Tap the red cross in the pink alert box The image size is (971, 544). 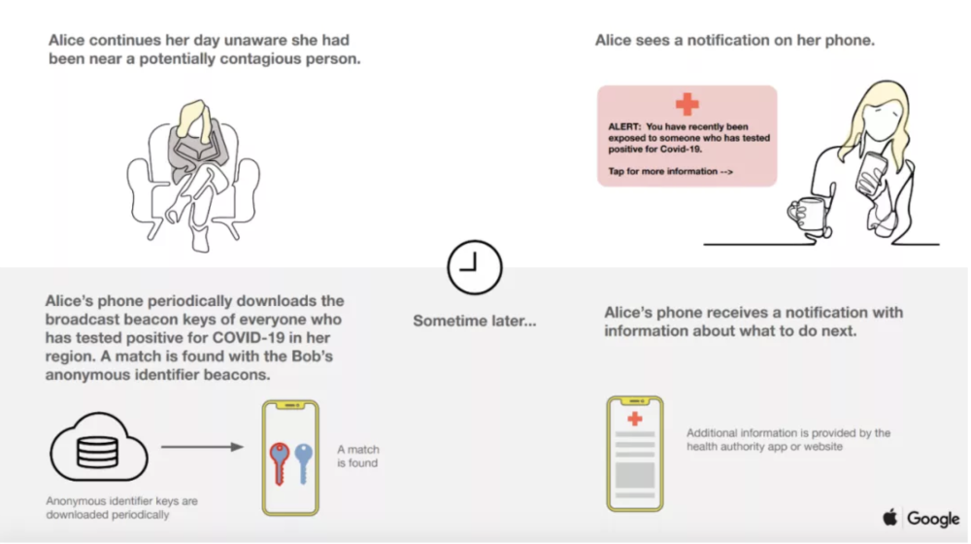point(686,104)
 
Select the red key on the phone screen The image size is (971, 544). point(280,462)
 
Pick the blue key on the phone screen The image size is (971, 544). point(303,462)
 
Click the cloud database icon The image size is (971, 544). point(99,448)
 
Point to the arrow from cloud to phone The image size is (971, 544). point(202,447)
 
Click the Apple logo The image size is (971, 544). point(889,518)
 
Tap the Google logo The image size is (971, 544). point(933,519)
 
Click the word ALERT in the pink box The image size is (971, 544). point(624,126)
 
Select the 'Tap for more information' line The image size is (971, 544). point(670,172)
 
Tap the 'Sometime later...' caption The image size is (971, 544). point(475,321)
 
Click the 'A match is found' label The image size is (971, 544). point(358,456)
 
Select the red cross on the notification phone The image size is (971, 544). point(635,420)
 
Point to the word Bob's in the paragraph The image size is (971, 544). point(312,357)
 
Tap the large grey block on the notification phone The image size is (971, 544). point(635,475)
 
